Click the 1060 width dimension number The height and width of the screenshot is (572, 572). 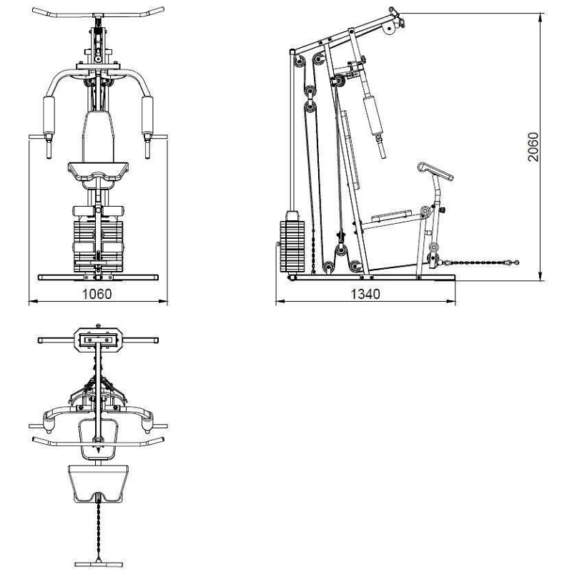tap(97, 294)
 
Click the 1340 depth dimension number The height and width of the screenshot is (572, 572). tap(365, 294)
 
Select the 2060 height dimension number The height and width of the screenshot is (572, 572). tap(533, 147)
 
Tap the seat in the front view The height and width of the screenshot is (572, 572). tap(98, 172)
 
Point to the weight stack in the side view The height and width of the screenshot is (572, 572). tap(292, 246)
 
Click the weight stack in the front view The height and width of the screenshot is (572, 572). tap(98, 245)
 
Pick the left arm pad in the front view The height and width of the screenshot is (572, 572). tap(49, 115)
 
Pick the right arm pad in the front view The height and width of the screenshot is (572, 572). tap(147, 115)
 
